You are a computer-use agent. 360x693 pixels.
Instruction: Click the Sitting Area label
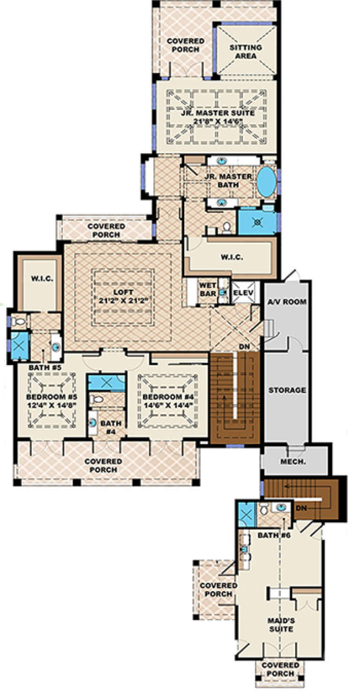point(245,52)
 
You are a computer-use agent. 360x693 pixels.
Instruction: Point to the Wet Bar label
point(207,289)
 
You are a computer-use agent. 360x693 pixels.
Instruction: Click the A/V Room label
point(287,302)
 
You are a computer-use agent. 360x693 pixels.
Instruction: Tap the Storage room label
point(287,390)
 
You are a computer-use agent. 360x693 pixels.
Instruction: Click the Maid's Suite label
point(281,625)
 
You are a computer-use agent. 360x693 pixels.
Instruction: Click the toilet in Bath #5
point(18,321)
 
